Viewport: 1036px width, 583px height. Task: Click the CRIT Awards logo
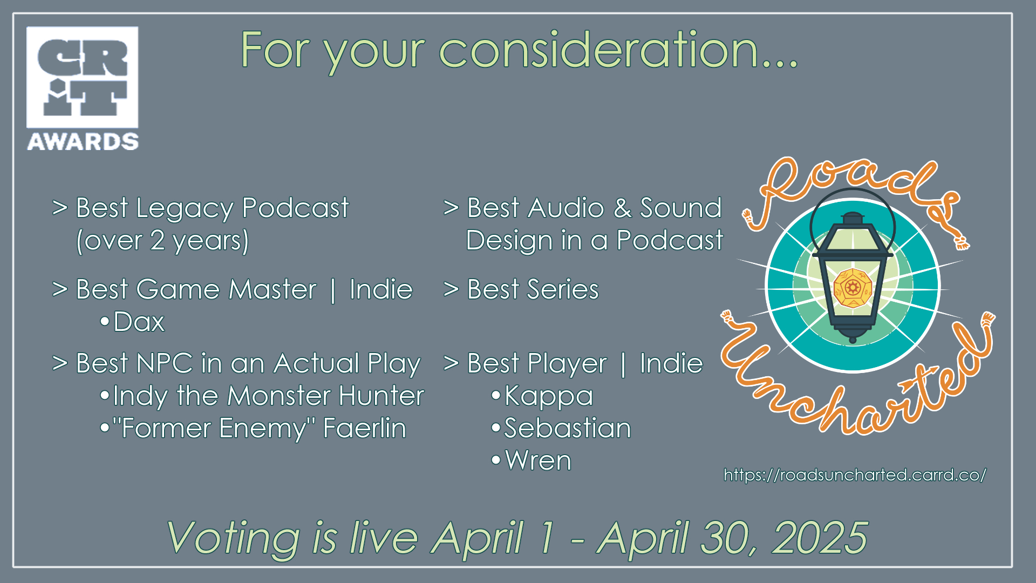(83, 89)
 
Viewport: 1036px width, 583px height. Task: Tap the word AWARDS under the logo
(83, 141)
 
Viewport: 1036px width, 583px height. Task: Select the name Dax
(139, 322)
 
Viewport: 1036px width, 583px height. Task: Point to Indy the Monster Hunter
(269, 396)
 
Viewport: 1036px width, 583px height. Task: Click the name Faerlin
(365, 428)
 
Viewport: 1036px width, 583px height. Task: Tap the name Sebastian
(568, 428)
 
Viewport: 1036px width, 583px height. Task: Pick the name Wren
(538, 460)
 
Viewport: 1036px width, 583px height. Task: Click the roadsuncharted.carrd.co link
(855, 475)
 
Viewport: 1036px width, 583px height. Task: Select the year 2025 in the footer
(820, 538)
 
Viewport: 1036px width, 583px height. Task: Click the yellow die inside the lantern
(852, 288)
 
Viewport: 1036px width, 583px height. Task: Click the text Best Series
(533, 289)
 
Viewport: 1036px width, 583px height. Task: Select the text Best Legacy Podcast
(213, 208)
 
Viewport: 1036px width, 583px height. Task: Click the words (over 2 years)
(162, 241)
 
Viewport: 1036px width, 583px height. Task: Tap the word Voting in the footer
(233, 538)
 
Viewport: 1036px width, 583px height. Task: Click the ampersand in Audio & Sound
(622, 208)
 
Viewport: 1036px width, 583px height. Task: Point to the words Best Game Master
(196, 289)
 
